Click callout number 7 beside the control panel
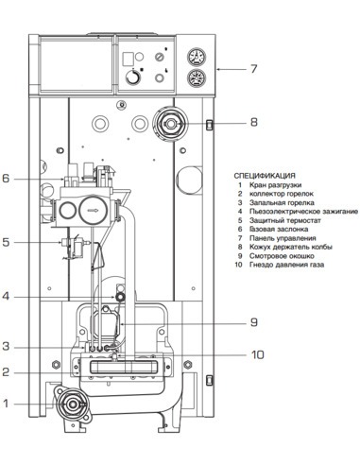pos(253,68)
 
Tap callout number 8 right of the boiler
pos(253,122)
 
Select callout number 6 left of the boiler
pos(6,178)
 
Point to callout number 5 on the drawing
pos(6,243)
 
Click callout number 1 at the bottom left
pos(6,404)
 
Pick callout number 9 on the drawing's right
pos(253,321)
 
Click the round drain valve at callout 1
pos(71,405)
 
